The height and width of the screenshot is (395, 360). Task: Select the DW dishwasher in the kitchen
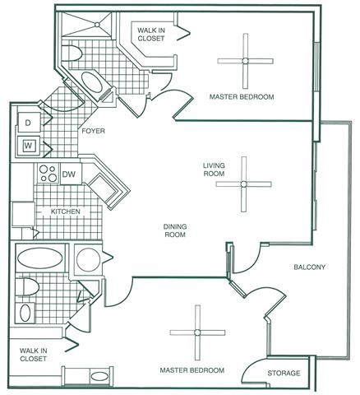(x=69, y=174)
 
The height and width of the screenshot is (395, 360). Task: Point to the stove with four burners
(x=45, y=174)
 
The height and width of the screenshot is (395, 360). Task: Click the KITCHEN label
(x=66, y=211)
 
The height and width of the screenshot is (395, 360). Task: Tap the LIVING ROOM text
(x=214, y=170)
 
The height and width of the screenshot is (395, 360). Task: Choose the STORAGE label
(x=284, y=374)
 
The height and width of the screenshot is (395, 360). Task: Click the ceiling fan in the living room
(x=243, y=184)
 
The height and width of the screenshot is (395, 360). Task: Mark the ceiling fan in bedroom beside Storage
(x=197, y=332)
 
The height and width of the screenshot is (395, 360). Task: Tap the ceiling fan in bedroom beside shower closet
(x=244, y=59)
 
